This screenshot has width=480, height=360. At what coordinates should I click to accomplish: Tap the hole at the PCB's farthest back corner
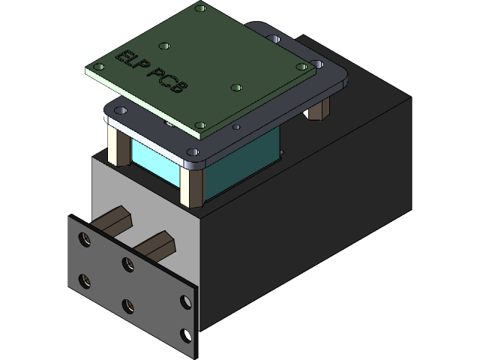pos(200,8)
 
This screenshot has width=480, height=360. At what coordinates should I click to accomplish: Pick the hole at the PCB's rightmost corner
pos(304,67)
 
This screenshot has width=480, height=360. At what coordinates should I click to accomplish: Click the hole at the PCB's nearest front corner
pos(199,126)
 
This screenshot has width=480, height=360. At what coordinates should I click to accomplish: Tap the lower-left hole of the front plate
pos(84,281)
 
